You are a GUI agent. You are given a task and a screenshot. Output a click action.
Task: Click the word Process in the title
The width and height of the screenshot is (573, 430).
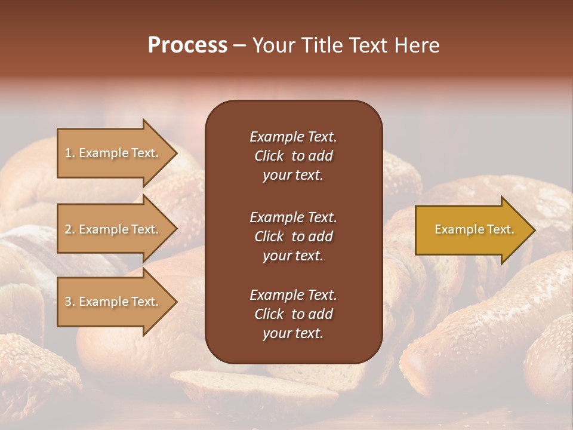[x=187, y=45]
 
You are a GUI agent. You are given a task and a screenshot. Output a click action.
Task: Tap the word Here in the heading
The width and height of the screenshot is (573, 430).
[x=417, y=45]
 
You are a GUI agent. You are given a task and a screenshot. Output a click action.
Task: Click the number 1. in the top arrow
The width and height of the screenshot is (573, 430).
[x=69, y=153]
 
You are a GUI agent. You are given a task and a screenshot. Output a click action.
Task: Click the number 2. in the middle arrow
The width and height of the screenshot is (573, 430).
[x=69, y=229]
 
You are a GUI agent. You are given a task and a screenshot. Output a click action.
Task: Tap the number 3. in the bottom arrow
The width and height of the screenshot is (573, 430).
[x=69, y=302]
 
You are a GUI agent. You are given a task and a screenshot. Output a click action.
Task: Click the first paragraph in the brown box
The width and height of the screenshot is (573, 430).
[x=293, y=155]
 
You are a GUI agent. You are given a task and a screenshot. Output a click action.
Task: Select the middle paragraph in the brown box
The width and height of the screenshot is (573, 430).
[x=293, y=236]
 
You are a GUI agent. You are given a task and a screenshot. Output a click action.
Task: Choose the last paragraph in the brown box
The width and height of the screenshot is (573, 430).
[x=293, y=314]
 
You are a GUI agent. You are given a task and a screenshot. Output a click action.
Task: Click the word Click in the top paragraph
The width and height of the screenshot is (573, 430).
[x=269, y=156]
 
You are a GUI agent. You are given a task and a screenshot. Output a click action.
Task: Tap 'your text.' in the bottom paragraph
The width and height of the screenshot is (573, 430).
[x=292, y=333]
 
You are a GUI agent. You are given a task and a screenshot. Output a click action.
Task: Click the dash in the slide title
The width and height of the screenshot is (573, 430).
[x=239, y=46]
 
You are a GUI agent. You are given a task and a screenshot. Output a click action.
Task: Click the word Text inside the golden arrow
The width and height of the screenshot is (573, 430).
[x=501, y=229]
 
